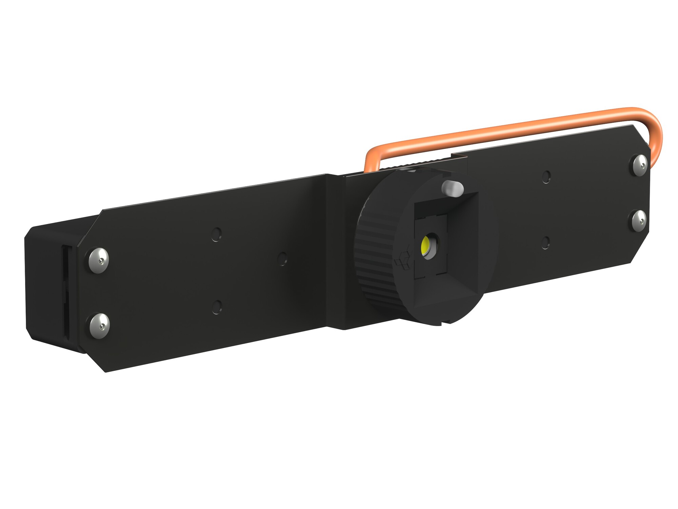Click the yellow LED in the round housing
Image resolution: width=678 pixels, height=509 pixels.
click(x=425, y=246)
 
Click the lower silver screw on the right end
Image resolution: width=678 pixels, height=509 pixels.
click(x=639, y=221)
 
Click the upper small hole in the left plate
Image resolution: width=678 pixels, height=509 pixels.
click(x=216, y=234)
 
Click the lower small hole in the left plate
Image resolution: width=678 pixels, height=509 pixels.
click(x=217, y=307)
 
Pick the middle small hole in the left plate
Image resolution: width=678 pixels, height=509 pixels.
click(x=282, y=259)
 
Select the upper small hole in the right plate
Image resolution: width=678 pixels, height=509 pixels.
click(x=546, y=177)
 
